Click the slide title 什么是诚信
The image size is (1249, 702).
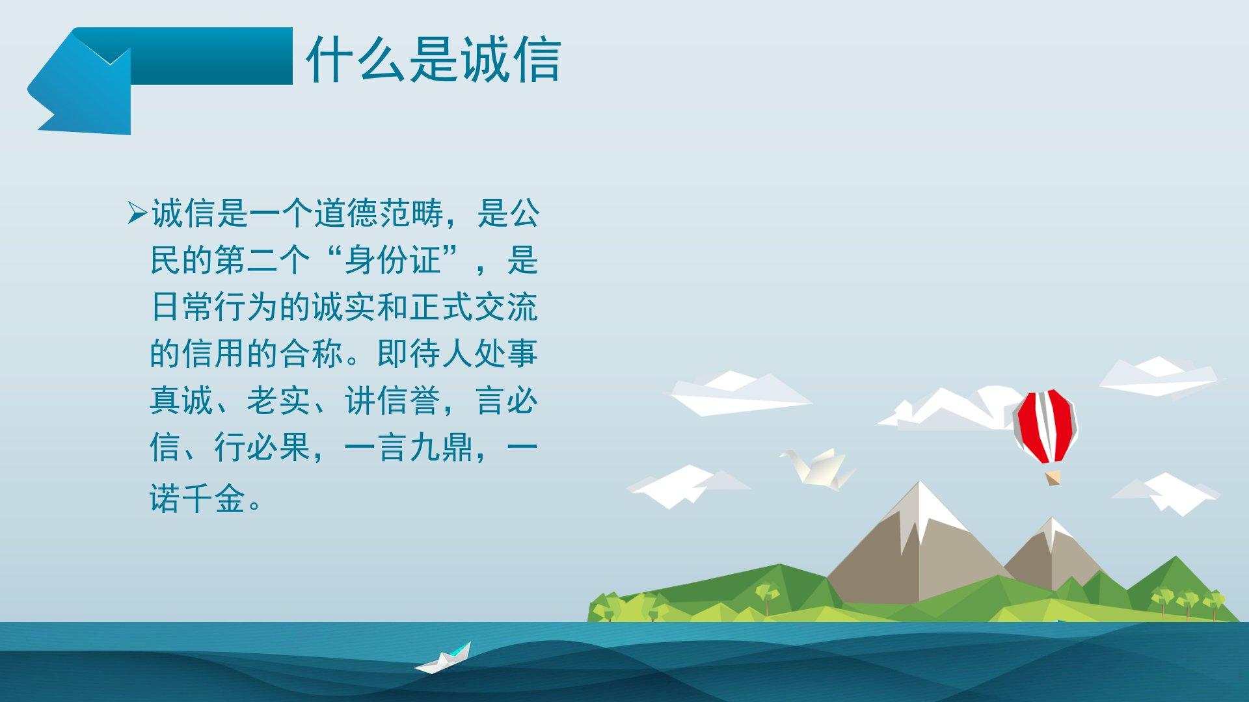[x=433, y=60]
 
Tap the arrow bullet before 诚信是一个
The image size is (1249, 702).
[x=138, y=213]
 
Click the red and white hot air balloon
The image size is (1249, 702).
[x=1045, y=426]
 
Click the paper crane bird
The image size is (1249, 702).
[x=818, y=467]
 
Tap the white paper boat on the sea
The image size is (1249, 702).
[x=444, y=658]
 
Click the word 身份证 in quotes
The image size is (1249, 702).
[x=393, y=261]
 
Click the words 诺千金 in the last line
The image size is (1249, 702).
[x=198, y=499]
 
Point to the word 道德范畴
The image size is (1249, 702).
[x=377, y=213]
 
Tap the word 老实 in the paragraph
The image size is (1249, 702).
[x=279, y=400]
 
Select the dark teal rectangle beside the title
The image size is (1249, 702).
[x=211, y=56]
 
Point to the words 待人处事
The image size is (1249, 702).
[x=474, y=354]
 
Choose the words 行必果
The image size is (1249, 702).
[x=263, y=448]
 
